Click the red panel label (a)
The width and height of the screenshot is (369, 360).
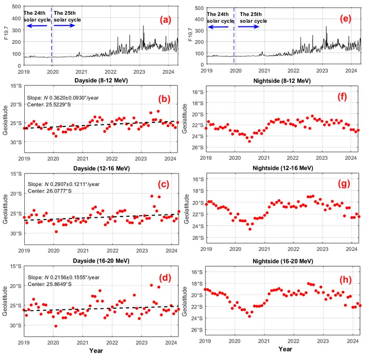166,20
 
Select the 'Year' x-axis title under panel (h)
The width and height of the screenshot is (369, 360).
285,348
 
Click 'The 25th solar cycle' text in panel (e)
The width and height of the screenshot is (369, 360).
253,18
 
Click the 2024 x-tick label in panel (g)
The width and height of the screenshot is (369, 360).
350,249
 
